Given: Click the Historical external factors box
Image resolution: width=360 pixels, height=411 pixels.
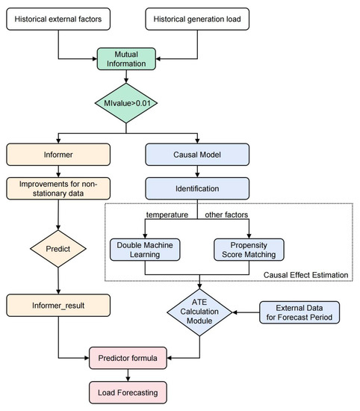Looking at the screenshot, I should (x=58, y=16).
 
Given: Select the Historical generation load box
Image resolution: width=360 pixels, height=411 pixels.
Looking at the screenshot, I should (x=196, y=16).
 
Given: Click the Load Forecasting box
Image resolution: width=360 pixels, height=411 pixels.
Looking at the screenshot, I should (x=128, y=391).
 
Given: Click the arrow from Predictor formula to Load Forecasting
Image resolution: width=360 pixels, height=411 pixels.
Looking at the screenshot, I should (x=128, y=375).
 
